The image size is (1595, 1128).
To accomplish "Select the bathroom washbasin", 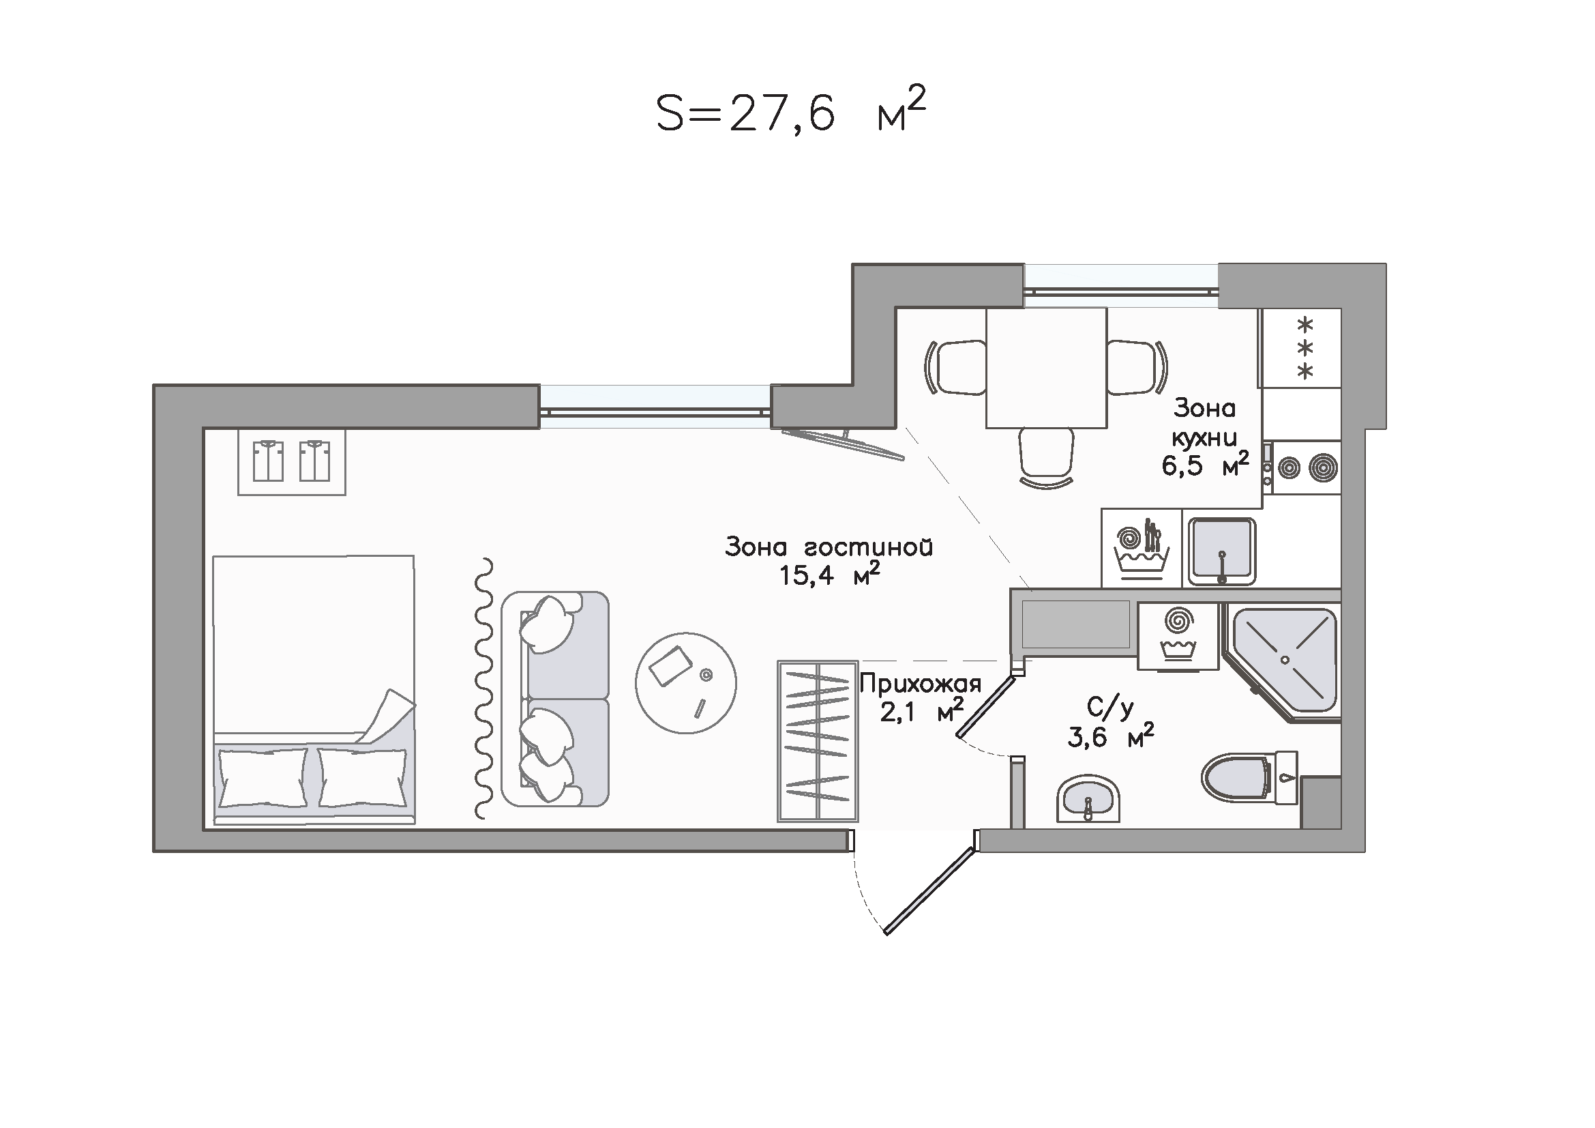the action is click(1088, 799).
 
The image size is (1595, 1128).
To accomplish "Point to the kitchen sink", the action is click(1221, 551).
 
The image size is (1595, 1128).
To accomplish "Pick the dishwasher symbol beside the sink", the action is click(1142, 549).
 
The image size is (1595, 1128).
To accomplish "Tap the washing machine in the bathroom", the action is click(1178, 636).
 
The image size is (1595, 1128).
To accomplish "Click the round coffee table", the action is click(685, 682).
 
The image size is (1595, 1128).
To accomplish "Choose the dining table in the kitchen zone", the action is click(1046, 368).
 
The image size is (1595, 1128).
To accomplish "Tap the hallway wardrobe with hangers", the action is click(818, 741).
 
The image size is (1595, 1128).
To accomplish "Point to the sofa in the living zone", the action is click(555, 699).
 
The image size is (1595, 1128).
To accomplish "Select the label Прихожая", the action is click(920, 684).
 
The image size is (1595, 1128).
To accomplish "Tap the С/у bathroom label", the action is click(1110, 708).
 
